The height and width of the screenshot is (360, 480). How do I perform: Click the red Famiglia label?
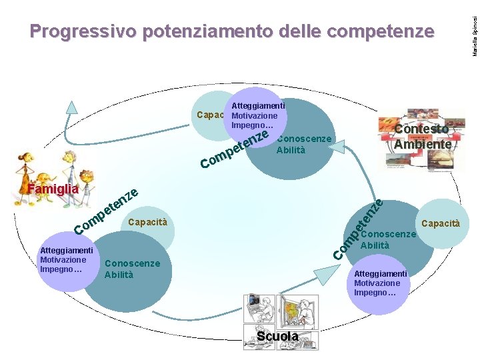point(53,190)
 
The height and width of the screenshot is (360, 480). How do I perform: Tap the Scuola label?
point(278,337)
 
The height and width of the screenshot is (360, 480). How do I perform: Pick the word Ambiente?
point(423,143)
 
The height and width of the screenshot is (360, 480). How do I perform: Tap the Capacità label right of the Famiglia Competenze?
point(147,221)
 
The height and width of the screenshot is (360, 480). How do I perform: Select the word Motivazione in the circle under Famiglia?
point(63,260)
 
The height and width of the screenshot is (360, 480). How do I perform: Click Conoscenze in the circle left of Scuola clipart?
point(133,263)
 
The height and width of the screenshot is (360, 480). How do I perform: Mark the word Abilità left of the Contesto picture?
point(291,150)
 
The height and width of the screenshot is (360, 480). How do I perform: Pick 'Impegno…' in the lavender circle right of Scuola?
point(375,293)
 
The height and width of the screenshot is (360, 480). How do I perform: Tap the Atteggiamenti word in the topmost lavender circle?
point(258,105)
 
